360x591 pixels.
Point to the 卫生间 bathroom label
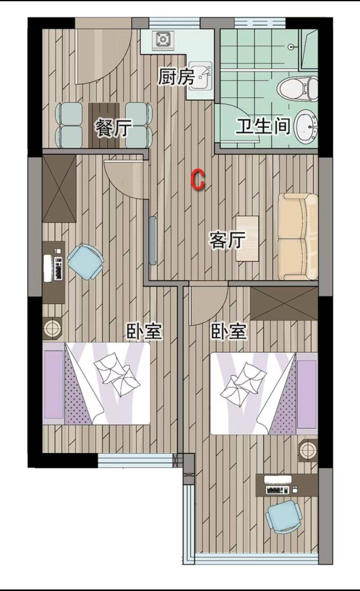point(263,126)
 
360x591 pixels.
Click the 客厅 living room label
point(227,240)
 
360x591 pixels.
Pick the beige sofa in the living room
point(298,237)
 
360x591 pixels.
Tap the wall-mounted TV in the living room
point(153,241)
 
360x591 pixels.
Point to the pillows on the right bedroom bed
point(243,381)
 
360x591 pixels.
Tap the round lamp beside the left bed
point(53,328)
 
